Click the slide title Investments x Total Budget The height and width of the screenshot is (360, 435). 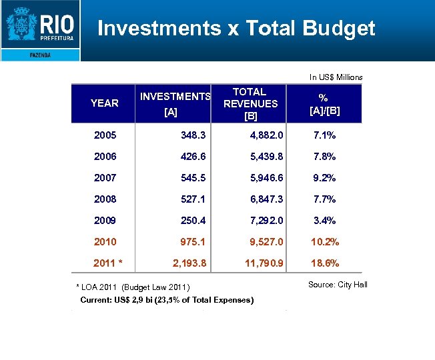coord(236,28)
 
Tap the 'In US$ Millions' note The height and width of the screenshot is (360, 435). coord(336,77)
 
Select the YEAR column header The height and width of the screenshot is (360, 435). coord(104,103)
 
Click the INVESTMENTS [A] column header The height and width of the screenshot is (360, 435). coord(175,104)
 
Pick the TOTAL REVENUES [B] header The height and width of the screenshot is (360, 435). coord(250,103)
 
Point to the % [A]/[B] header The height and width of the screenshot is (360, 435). coord(325,103)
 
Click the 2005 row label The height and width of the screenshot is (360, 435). coord(105,135)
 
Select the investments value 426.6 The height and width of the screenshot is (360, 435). coord(193,157)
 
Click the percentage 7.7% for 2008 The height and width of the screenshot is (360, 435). coord(325,199)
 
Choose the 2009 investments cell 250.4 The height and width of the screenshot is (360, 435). coord(193,221)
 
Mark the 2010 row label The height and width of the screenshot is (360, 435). coord(105,242)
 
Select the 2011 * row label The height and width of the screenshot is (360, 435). coord(108,263)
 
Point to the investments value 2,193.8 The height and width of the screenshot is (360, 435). coord(189,263)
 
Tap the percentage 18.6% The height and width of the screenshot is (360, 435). coord(325,263)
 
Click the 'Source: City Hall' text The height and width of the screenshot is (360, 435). coord(338,285)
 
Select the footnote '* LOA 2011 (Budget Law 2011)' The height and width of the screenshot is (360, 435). coord(134,287)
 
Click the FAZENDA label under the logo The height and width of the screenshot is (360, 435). coord(40,55)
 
